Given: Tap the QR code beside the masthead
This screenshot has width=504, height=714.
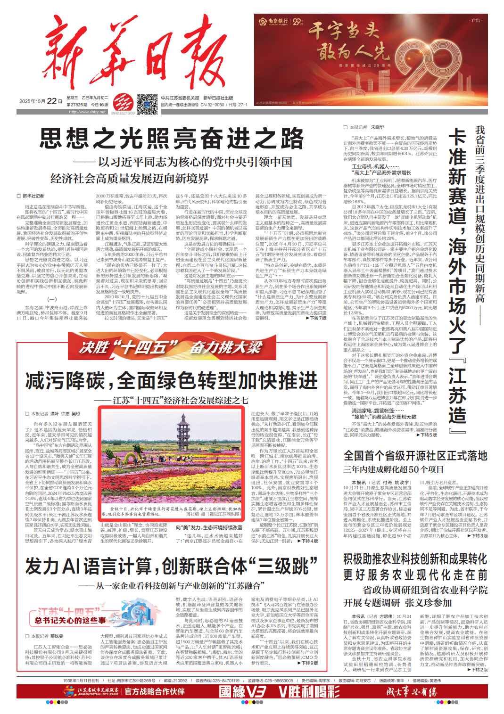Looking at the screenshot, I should click(147, 104).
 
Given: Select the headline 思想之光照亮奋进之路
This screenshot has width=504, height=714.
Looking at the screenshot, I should click(172, 139).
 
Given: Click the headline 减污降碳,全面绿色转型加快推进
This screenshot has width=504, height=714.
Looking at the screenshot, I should click(172, 380).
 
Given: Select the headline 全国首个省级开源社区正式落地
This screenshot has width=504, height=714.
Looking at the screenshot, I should click(415, 456).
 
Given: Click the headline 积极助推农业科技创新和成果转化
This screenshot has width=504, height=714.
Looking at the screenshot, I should click(415, 559).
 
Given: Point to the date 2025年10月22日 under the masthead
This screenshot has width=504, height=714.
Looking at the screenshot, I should click(41, 101).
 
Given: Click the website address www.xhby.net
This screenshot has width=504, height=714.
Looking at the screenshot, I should click(87, 112).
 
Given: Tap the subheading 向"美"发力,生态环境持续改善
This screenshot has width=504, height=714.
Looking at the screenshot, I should click(209, 527).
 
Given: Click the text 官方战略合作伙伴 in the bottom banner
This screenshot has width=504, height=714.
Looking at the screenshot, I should click(154, 691).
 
